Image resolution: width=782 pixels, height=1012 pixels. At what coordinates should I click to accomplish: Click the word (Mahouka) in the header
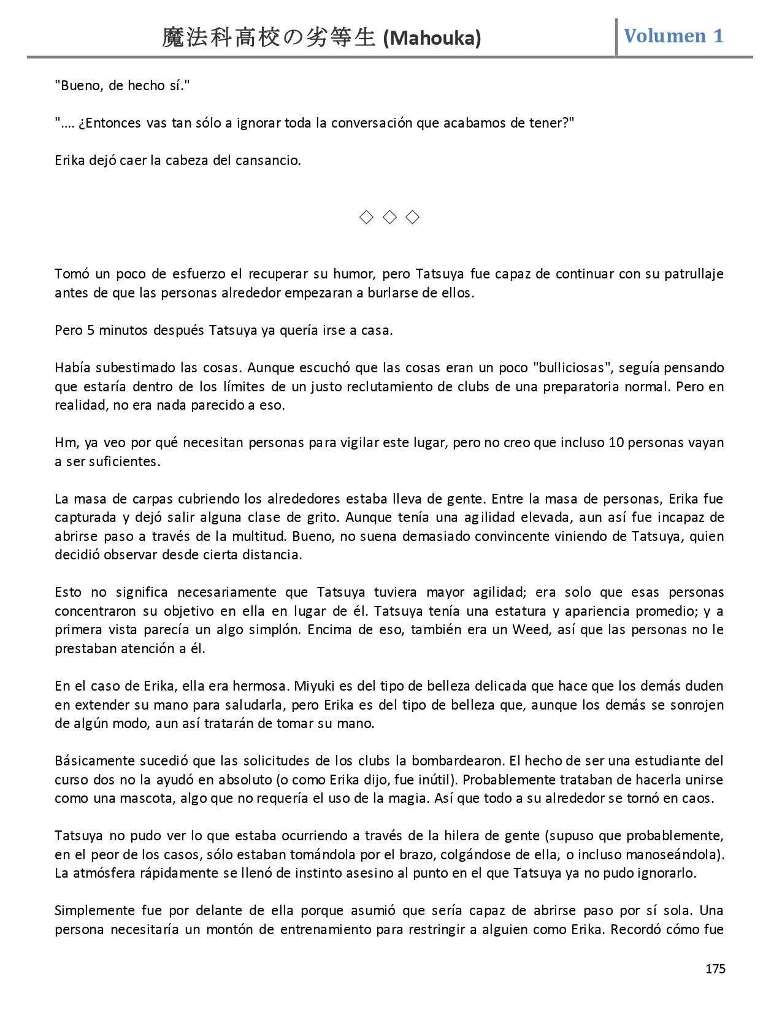click(432, 38)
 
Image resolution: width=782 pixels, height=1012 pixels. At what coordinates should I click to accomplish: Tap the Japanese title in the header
click(268, 38)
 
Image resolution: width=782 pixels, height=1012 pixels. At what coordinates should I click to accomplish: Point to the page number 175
click(715, 969)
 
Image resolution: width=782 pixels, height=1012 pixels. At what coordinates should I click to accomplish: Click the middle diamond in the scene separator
click(389, 217)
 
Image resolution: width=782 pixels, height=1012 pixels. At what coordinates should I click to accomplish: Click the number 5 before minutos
click(91, 330)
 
